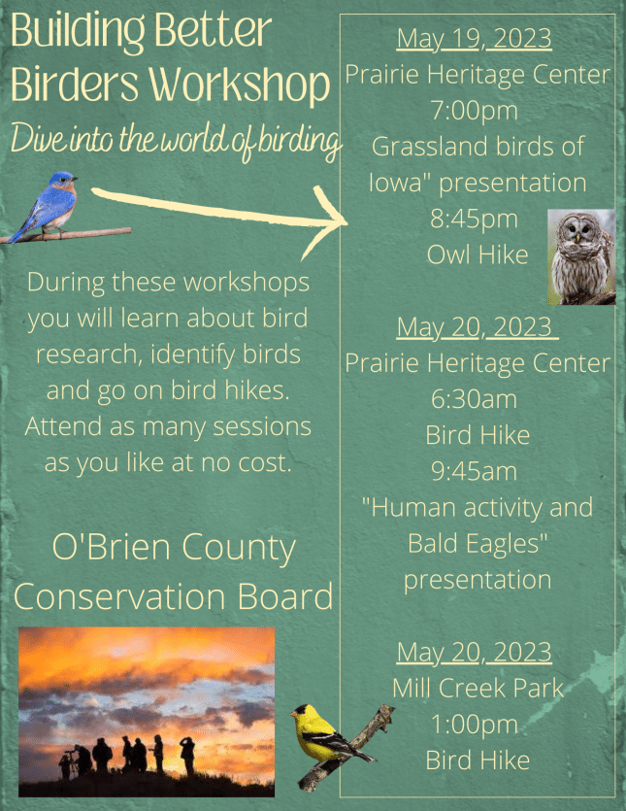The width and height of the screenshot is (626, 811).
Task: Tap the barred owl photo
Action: point(581,256)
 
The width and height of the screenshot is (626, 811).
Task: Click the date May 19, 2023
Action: point(474,39)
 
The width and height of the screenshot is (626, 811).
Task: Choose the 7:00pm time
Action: point(474,111)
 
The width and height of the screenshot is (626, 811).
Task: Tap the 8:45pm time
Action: point(474,220)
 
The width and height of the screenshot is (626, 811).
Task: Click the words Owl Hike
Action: point(478,255)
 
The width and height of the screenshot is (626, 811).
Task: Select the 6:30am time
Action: point(474,400)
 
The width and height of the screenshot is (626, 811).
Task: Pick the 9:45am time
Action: point(474,472)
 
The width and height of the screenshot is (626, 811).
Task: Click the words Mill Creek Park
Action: point(478,689)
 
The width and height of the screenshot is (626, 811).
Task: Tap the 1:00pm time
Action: point(474,725)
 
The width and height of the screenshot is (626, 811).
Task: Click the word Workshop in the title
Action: point(240,85)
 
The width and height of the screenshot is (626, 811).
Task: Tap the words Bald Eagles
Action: point(478,544)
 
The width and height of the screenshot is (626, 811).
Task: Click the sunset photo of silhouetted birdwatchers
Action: point(147,712)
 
